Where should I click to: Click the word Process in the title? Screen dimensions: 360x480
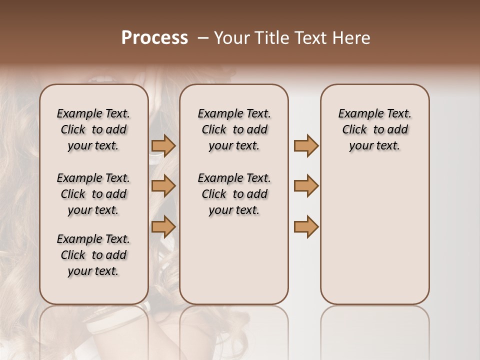(x=154, y=38)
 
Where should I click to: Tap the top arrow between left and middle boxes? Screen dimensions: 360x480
(x=163, y=146)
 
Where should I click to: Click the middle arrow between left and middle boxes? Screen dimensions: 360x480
(x=163, y=186)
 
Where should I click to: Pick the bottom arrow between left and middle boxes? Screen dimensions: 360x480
(x=163, y=226)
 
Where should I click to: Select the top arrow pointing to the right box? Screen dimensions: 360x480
(x=306, y=146)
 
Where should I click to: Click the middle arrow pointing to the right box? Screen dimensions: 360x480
(x=306, y=186)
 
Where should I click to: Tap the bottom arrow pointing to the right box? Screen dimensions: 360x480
(x=306, y=226)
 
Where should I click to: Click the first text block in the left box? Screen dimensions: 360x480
(x=93, y=129)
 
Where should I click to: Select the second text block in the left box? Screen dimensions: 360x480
(x=93, y=194)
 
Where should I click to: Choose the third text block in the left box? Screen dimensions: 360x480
(x=93, y=255)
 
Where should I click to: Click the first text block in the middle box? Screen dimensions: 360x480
(x=234, y=129)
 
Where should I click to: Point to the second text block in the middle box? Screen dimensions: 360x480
(x=234, y=194)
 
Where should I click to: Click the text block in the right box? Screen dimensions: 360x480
(x=374, y=129)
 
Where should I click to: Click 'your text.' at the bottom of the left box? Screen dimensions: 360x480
(x=93, y=271)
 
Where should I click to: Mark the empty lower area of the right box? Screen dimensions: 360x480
(x=374, y=235)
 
